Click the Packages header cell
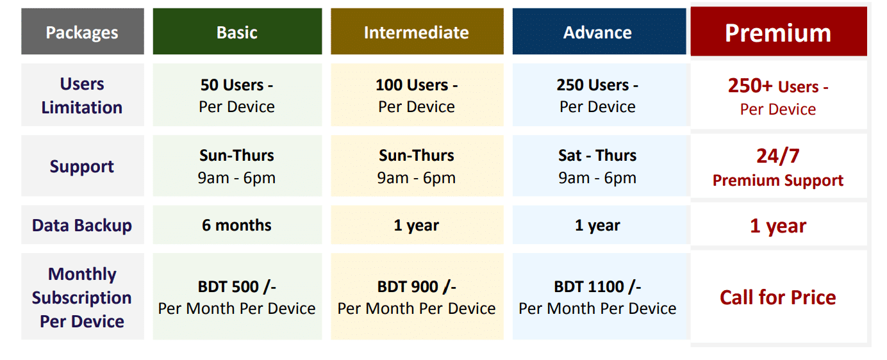point(83,31)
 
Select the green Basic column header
point(237,31)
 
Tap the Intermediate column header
point(417,31)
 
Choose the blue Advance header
point(599,31)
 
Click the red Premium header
point(779,31)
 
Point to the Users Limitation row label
point(83,95)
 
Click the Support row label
point(83,166)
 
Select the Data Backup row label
point(83,225)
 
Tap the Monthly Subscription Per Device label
point(83,297)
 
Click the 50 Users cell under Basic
point(237,95)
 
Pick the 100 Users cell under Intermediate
point(417,95)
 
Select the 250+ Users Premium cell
point(779,95)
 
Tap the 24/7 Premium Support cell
point(779,166)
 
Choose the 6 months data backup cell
point(237,225)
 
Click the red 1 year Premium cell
point(779,225)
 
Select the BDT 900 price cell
point(417,297)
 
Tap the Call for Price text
point(777,297)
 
